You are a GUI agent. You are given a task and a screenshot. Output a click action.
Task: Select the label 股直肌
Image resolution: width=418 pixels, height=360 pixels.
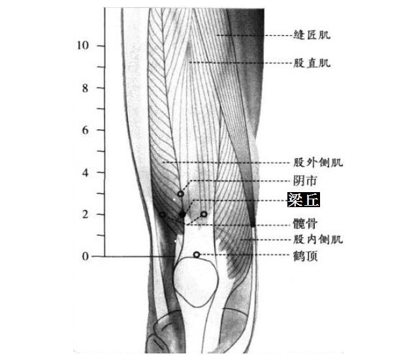(x=312, y=63)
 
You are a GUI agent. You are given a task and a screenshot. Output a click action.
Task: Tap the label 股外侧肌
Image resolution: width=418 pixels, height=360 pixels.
(x=317, y=162)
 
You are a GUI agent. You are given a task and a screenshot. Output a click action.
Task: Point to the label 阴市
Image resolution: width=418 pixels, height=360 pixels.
(x=306, y=181)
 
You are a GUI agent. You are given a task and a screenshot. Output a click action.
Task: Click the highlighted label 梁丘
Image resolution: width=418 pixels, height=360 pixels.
(x=306, y=200)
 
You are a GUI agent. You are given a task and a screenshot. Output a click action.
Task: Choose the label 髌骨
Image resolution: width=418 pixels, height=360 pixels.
(x=306, y=223)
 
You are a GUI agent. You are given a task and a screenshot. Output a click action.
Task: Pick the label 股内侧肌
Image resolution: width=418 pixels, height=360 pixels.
(x=317, y=239)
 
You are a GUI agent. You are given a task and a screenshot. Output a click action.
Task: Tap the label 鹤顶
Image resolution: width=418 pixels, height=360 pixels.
(x=306, y=256)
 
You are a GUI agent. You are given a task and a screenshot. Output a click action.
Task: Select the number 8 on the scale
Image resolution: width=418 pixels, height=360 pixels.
(x=84, y=88)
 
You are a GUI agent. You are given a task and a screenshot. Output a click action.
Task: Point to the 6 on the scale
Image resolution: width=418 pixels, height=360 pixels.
(x=84, y=130)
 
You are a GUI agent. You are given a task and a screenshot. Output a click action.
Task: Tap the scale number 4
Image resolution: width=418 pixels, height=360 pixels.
(x=84, y=172)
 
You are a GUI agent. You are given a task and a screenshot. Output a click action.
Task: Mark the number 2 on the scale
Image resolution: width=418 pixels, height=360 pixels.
(x=84, y=214)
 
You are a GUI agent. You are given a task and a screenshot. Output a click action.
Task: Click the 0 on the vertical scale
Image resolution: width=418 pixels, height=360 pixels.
(x=84, y=257)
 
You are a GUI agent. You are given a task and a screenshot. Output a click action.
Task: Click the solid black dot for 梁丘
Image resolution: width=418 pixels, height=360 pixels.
(x=182, y=214)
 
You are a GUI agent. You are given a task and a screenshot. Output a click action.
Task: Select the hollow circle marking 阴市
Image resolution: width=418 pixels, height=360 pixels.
(x=180, y=194)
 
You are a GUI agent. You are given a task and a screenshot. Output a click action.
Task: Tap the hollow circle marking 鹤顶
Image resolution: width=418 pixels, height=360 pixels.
(x=197, y=254)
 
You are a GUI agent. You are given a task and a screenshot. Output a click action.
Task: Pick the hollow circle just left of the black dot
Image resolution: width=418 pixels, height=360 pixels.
(x=163, y=214)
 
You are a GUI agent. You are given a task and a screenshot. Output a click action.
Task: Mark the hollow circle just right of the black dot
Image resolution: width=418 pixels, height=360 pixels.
(x=204, y=214)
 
